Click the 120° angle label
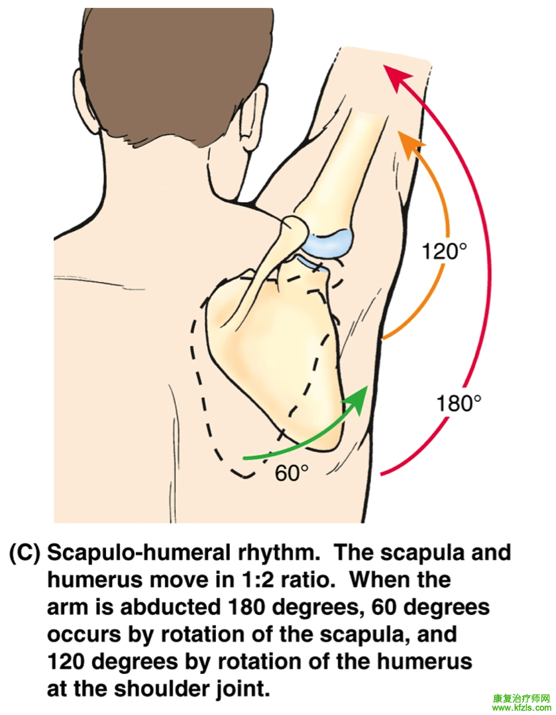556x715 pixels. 445,252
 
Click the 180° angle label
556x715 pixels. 458,403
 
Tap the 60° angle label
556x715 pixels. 292,473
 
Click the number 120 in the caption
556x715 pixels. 71,662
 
